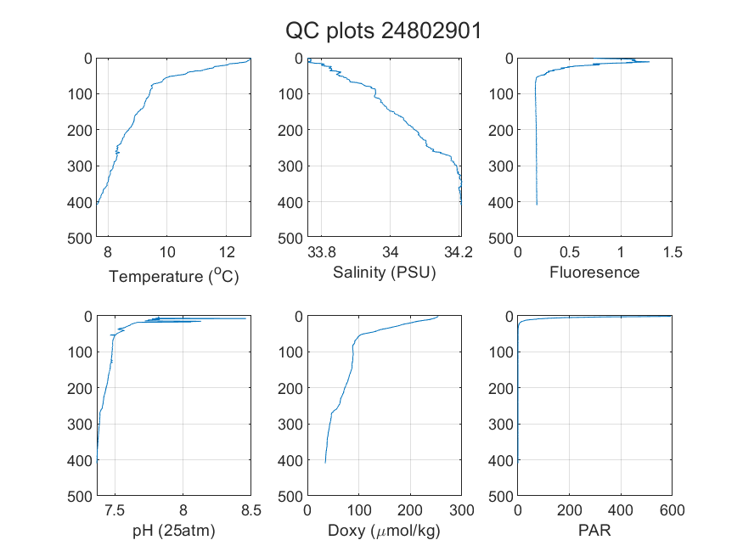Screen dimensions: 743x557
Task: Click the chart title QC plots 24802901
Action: click(x=383, y=31)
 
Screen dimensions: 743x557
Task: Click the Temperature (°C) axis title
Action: click(x=174, y=276)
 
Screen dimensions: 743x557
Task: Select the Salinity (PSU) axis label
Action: click(x=385, y=273)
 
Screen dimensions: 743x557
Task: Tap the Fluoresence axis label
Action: click(x=594, y=273)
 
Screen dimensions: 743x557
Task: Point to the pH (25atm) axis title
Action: click(x=174, y=531)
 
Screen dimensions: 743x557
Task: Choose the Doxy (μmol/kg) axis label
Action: click(x=385, y=531)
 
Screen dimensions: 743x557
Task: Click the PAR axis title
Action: click(x=594, y=530)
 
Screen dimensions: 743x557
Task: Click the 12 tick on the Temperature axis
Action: click(x=227, y=252)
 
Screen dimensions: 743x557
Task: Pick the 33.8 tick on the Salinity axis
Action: click(x=322, y=252)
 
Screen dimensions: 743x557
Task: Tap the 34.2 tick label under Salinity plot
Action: click(x=459, y=252)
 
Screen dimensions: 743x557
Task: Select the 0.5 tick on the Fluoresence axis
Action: click(x=570, y=252)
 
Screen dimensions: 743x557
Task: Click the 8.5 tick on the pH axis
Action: click(x=251, y=510)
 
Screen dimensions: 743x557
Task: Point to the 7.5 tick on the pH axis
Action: click(x=115, y=510)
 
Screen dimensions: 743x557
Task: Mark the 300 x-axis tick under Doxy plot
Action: click(x=462, y=510)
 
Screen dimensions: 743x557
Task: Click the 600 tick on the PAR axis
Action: click(x=672, y=510)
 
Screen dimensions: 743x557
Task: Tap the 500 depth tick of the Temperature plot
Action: click(x=80, y=238)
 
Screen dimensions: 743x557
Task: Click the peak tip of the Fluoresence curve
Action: click(x=650, y=62)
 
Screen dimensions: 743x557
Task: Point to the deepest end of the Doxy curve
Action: click(x=325, y=463)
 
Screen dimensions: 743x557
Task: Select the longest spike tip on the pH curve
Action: click(x=246, y=318)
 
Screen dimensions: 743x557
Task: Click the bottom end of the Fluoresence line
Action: click(x=537, y=205)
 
